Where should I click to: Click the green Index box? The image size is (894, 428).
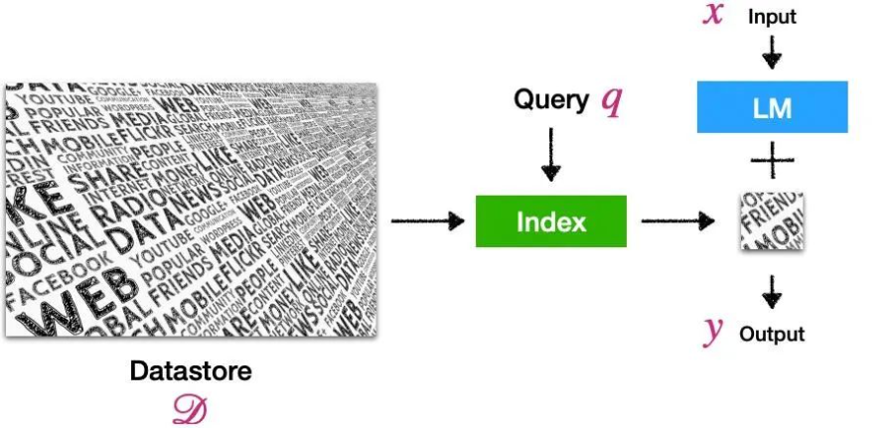pos(551,221)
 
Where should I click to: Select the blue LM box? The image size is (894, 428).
pos(772,107)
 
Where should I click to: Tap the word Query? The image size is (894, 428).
pos(551,99)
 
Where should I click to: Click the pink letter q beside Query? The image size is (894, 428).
pos(612,102)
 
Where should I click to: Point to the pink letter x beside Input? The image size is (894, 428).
pos(712,16)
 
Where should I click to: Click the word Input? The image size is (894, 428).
pos(772,17)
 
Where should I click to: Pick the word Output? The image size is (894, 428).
pos(772,334)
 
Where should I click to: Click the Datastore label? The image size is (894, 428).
pos(191,371)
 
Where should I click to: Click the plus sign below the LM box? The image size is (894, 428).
pos(772,159)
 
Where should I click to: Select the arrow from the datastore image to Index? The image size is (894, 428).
pos(427,220)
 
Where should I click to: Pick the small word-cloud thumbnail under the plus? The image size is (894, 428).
pos(772,222)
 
